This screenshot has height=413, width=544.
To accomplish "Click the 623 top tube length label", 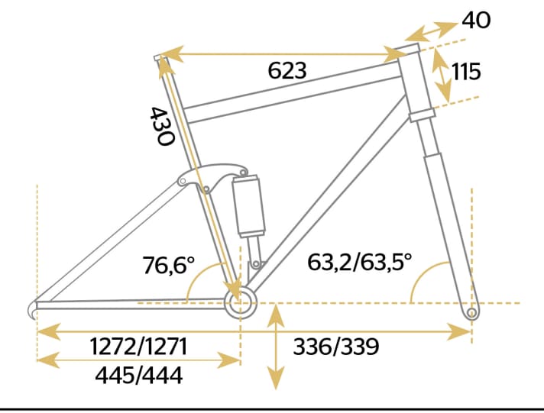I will click(x=287, y=72).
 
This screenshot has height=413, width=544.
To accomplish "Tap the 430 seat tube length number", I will click(x=162, y=125).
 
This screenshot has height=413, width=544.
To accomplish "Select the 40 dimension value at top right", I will click(x=476, y=20).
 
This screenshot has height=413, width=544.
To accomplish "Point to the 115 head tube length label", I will click(x=466, y=73).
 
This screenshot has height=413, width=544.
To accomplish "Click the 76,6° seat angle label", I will click(x=168, y=266).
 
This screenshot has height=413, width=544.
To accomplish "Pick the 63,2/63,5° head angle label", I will click(x=359, y=263).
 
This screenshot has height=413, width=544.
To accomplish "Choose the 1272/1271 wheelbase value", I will click(x=138, y=347).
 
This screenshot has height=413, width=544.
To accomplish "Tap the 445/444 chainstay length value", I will click(x=138, y=375).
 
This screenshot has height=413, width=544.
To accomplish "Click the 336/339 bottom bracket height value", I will click(x=336, y=347).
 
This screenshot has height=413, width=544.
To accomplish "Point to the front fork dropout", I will click(x=471, y=311).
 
